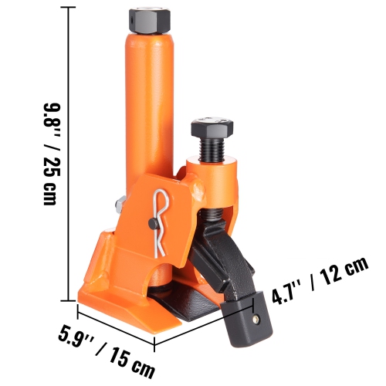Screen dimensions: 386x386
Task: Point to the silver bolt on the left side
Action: [x=120, y=205]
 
